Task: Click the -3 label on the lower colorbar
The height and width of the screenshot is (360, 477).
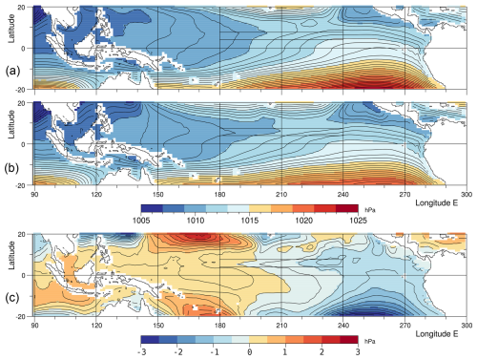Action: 141,350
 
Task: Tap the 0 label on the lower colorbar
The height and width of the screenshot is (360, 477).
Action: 252,350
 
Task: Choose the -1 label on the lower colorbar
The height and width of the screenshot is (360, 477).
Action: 215,350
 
